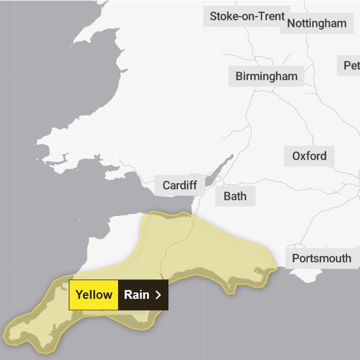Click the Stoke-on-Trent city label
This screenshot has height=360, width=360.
click(x=247, y=16)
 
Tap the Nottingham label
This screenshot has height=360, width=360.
click(x=317, y=23)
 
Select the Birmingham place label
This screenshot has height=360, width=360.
click(x=266, y=77)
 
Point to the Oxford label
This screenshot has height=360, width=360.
click(x=310, y=156)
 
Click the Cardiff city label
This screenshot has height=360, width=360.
click(x=179, y=185)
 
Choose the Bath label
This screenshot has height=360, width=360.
click(x=235, y=196)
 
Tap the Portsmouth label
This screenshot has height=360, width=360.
click(x=322, y=259)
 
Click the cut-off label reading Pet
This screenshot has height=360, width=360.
click(x=351, y=65)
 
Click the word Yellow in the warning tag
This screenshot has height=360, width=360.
click(x=94, y=295)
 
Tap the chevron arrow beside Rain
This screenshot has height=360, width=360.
click(x=158, y=295)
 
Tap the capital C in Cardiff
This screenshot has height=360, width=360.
click(x=167, y=185)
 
